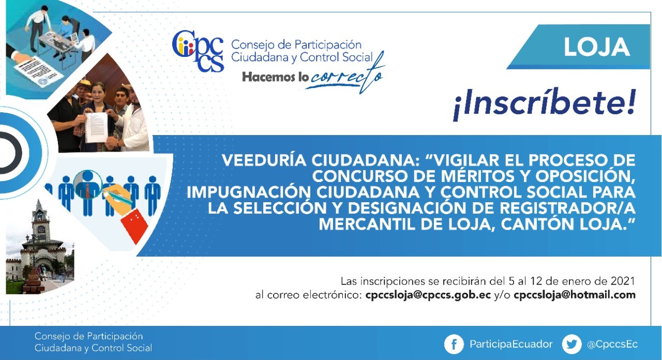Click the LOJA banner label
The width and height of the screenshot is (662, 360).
point(597,47)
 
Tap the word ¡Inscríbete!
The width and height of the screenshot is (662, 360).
point(545,103)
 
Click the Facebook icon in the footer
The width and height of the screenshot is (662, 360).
point(454,344)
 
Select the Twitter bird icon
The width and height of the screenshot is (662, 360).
point(571,344)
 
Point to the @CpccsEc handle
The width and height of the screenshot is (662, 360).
point(612,344)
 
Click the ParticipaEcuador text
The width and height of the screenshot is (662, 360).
point(511,344)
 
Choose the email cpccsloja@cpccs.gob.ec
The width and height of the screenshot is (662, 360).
point(428,295)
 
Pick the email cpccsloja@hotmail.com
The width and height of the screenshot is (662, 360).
point(575,295)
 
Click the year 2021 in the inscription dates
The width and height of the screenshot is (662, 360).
point(623,281)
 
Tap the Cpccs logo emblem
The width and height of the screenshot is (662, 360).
point(198,51)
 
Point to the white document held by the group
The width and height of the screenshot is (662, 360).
point(96,127)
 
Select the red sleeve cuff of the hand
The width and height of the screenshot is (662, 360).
point(135,225)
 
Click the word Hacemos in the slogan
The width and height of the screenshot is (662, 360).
point(268,77)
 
